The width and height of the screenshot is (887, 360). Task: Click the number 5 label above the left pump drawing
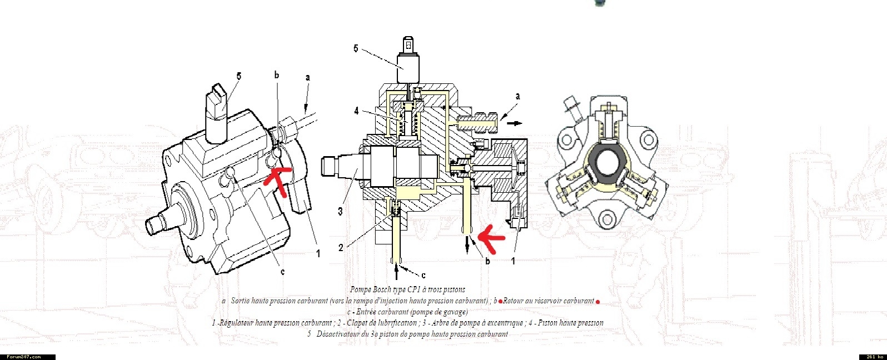tap(238, 76)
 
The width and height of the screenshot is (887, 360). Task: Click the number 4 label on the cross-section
tap(356, 111)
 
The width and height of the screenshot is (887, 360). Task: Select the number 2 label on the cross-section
tap(341, 248)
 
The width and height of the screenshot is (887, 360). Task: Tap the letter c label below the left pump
tap(282, 272)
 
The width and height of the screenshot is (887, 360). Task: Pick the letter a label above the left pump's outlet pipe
tap(307, 78)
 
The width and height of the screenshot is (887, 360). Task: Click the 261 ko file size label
tap(873, 357)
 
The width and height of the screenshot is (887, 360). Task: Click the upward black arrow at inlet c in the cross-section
tap(396, 271)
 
